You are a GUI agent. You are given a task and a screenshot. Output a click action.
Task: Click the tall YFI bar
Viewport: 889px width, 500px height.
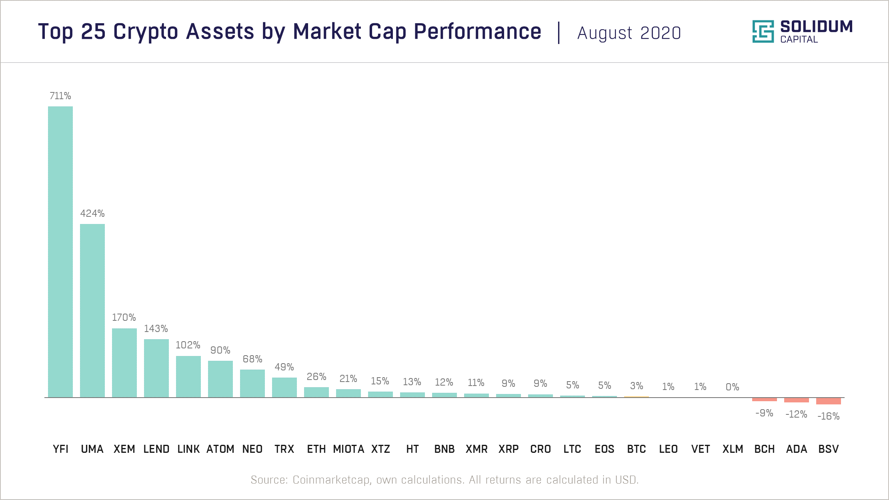(x=60, y=252)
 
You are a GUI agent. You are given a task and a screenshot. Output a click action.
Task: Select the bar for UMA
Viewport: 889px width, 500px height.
(x=92, y=310)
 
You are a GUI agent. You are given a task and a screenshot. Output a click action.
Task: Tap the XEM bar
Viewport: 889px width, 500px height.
(x=124, y=363)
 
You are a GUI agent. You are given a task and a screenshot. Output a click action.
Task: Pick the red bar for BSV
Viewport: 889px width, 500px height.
(x=828, y=401)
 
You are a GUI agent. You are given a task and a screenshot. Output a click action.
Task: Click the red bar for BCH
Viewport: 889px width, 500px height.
(x=764, y=399)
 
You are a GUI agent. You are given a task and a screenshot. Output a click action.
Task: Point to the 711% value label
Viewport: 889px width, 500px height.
(x=60, y=96)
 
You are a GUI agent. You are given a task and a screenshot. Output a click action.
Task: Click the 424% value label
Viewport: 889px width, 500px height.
(x=92, y=214)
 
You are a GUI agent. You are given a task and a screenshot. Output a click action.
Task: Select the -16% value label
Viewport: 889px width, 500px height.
(x=828, y=416)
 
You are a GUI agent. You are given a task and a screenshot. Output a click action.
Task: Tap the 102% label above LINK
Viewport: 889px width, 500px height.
(x=188, y=345)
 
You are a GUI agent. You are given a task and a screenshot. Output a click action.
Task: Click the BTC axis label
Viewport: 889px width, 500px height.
(x=636, y=449)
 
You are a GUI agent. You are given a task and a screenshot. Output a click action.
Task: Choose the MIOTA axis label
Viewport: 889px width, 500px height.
(x=348, y=449)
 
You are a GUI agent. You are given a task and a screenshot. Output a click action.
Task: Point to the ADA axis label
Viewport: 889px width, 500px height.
(x=796, y=449)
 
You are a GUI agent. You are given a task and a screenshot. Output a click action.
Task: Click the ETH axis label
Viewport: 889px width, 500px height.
(x=316, y=449)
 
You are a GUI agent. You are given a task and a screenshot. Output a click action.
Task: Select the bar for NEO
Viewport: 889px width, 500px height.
(x=252, y=383)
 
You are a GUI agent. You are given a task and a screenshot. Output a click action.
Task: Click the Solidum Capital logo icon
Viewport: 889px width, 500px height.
(x=763, y=31)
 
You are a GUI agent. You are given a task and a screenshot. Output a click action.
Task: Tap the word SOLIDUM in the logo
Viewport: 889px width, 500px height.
(x=816, y=27)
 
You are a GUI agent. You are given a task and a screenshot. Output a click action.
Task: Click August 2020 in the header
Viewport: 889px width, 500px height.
(x=629, y=33)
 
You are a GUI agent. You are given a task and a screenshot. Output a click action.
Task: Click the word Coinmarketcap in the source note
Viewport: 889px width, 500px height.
(x=331, y=480)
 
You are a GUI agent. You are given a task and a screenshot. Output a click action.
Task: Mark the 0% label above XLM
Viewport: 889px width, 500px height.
(x=732, y=387)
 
